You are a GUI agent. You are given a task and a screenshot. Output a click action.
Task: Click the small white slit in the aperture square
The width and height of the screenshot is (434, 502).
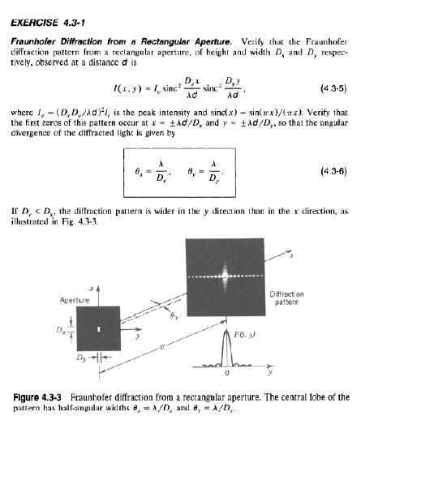coord(98,328)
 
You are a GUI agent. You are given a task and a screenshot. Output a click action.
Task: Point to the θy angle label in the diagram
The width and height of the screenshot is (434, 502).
coord(174,319)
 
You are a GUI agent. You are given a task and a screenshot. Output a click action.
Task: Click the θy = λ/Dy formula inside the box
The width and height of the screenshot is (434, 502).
coord(203,172)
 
